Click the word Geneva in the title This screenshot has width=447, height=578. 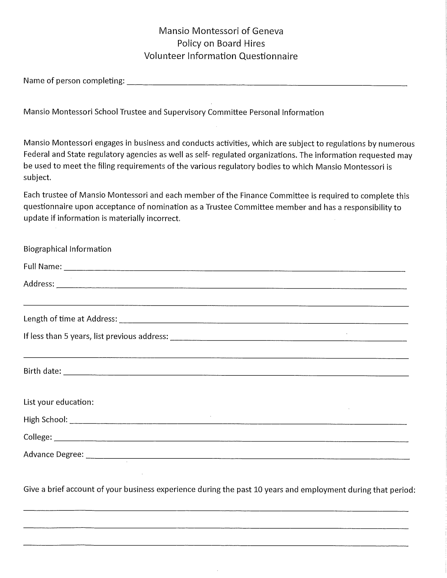tap(267, 31)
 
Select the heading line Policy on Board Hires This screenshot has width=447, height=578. tap(221, 43)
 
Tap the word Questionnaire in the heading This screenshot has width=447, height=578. tap(268, 56)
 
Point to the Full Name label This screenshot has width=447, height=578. tap(42, 267)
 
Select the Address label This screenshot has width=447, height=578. tap(39, 284)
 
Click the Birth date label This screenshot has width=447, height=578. tap(42, 371)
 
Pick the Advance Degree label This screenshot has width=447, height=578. tap(54, 454)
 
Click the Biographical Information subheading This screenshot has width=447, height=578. tap(67, 249)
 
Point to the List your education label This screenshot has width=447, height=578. tap(59, 402)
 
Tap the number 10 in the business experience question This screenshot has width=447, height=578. tap(258, 490)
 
